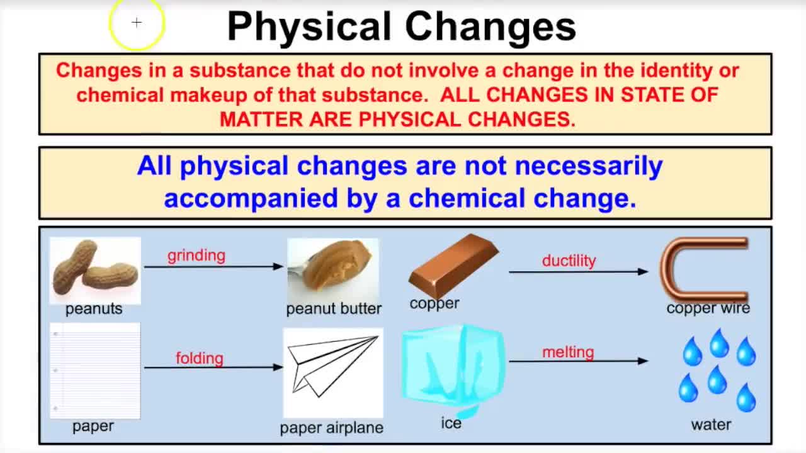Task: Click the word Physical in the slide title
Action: (x=309, y=26)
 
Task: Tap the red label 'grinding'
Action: (x=196, y=255)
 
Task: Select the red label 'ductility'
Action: (x=569, y=260)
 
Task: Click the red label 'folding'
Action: (x=199, y=358)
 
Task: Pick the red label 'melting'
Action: (x=568, y=352)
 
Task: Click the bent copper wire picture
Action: (x=704, y=269)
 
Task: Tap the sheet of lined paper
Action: (x=95, y=371)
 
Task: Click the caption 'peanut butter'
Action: (x=334, y=308)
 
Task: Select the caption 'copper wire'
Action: (x=708, y=308)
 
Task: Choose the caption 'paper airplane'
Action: (x=331, y=428)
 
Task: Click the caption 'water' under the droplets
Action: (x=711, y=425)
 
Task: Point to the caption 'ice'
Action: (x=451, y=423)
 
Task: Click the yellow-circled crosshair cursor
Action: (x=137, y=23)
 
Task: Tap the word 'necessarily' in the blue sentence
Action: (x=588, y=166)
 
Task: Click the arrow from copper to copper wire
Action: (x=577, y=272)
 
